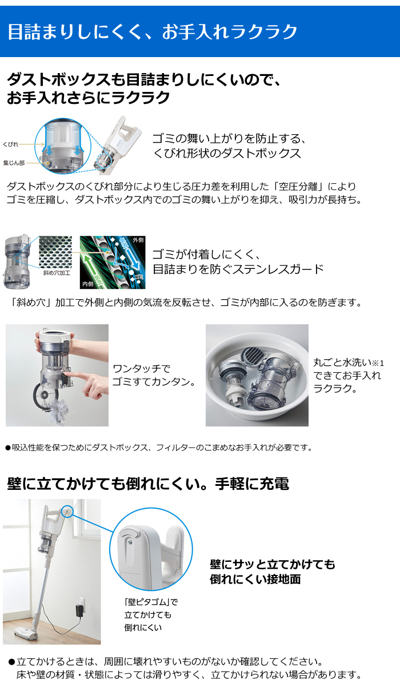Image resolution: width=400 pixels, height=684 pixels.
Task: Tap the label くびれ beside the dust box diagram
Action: tap(10, 144)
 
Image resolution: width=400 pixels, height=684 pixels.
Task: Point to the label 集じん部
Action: tap(14, 163)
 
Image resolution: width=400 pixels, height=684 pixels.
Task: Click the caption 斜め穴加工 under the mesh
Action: tap(57, 273)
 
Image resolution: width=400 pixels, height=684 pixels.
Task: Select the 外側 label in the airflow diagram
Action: tap(138, 240)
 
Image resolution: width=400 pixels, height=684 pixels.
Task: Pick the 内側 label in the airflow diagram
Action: tap(87, 284)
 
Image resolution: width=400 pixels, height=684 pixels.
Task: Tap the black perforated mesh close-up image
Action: tap(55, 252)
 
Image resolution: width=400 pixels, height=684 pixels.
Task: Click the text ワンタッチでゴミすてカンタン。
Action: tap(154, 375)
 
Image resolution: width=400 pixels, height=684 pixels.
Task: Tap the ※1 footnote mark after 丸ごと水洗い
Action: tap(378, 363)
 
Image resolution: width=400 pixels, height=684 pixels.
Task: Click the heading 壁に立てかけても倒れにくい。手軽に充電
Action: tap(147, 484)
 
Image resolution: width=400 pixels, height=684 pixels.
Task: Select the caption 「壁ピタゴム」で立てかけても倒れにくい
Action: tap(151, 615)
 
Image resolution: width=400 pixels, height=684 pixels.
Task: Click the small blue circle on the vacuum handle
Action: tap(67, 511)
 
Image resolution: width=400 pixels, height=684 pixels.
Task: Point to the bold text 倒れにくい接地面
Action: tap(255, 580)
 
